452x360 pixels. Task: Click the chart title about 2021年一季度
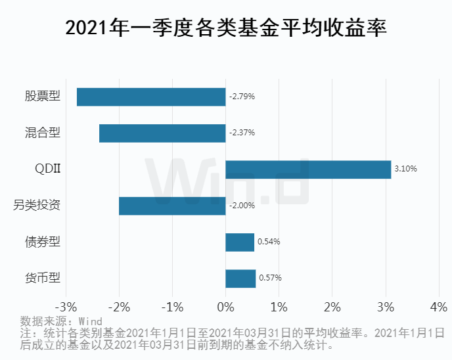(x=226, y=28)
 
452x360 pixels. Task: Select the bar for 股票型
(x=151, y=97)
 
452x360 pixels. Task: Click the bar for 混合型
(x=162, y=133)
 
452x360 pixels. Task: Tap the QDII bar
(x=308, y=169)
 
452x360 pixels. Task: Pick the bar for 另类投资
(x=172, y=206)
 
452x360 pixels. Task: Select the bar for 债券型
(x=240, y=242)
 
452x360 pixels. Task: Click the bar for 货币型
(x=240, y=278)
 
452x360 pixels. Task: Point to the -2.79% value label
(x=242, y=97)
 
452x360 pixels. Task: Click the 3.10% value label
(x=405, y=169)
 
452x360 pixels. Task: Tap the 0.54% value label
(x=269, y=242)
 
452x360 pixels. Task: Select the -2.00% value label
(x=242, y=206)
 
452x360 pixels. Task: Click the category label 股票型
(x=43, y=97)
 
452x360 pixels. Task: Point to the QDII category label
(x=48, y=169)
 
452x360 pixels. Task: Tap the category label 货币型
(x=43, y=278)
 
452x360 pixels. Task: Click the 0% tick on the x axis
(x=225, y=307)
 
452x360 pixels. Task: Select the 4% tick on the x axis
(x=438, y=307)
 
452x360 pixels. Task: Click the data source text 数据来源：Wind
(x=61, y=321)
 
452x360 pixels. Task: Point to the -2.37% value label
(x=242, y=133)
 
